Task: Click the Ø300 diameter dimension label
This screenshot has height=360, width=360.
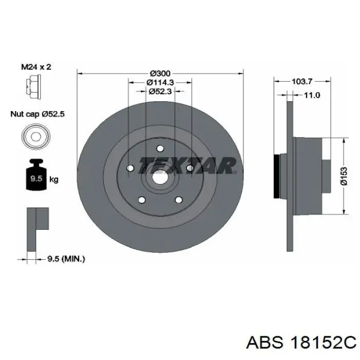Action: [160, 74]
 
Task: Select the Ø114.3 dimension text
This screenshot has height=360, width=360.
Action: [160, 82]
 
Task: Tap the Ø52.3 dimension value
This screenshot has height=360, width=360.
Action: [160, 92]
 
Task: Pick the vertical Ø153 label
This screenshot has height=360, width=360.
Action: [344, 176]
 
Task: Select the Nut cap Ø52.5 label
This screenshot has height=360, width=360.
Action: [38, 114]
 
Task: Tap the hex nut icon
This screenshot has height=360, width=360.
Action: [33, 87]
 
